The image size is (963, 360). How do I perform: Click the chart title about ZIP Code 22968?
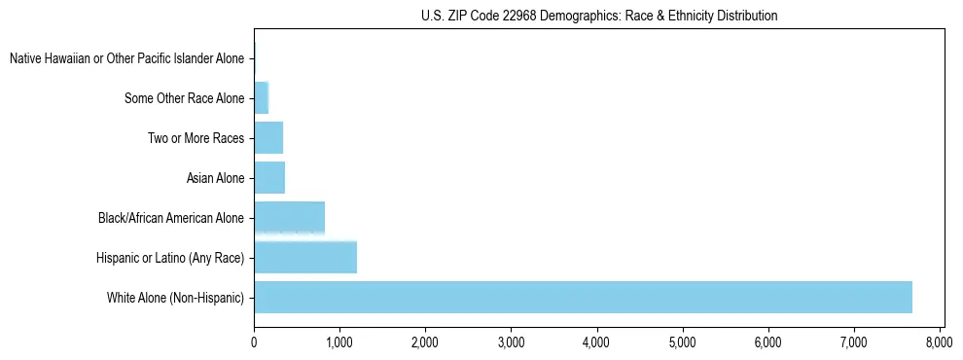tap(599, 16)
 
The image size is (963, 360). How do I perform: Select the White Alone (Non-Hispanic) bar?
tap(583, 297)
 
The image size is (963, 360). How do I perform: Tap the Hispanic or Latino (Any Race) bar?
tap(305, 257)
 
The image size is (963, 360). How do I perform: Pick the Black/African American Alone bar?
tap(289, 217)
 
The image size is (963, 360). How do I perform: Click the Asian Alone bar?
tap(269, 178)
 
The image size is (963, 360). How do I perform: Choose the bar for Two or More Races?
tap(268, 138)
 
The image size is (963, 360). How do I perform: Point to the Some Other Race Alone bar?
tap(261, 98)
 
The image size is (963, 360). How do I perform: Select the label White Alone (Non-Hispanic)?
tap(176, 297)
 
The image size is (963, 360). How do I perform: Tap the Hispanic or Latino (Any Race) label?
tap(170, 258)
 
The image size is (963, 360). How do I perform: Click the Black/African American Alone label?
tap(171, 218)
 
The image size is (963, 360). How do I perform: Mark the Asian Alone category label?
tap(215, 178)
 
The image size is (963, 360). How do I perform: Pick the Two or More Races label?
tap(196, 138)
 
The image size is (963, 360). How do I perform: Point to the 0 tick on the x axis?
tap(254, 342)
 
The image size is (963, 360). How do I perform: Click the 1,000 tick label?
tap(339, 342)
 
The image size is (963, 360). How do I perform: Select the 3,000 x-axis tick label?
tap(511, 342)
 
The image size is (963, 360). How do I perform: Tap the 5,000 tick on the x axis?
tap(682, 342)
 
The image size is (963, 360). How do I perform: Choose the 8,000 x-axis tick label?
tap(939, 342)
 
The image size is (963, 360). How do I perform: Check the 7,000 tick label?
tap(853, 342)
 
